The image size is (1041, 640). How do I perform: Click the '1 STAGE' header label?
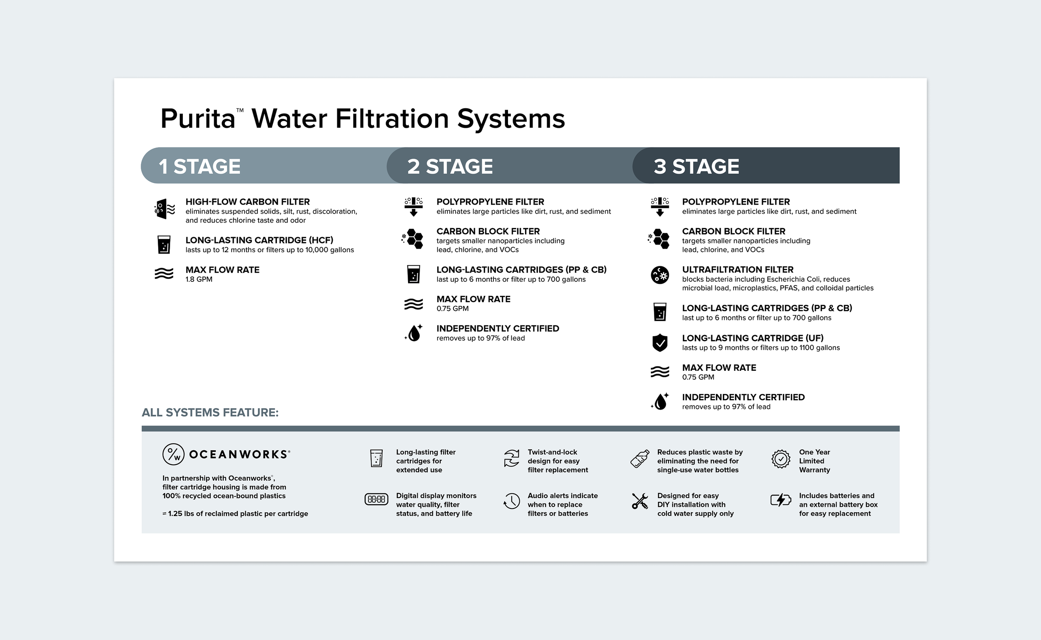point(199,166)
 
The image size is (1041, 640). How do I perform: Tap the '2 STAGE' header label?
point(450,166)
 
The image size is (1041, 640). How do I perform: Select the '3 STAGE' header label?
point(696,166)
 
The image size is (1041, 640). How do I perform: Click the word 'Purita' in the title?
point(198,119)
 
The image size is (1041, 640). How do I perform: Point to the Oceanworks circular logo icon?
point(173,454)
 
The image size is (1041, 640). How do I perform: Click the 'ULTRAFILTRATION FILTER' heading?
point(737,270)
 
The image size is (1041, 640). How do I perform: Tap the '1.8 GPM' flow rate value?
point(199,279)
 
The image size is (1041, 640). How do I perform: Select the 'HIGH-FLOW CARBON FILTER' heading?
point(247,202)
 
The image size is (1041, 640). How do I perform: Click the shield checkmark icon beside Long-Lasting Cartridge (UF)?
point(660,342)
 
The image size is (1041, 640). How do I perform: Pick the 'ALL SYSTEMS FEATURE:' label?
point(210,412)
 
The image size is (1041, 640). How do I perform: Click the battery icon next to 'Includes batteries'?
point(780,500)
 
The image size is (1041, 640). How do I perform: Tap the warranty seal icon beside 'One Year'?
point(780,459)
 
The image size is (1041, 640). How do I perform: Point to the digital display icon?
point(376,499)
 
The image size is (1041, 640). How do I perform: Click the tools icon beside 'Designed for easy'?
point(640,501)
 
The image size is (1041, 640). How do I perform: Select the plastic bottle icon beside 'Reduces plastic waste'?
point(640,459)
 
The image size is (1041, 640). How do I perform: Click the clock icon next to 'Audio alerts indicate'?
point(512,501)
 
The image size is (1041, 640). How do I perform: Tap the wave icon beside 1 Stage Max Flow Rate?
point(164,273)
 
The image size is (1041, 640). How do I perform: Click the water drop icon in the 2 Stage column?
point(414,333)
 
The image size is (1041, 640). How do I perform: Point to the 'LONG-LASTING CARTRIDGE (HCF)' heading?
point(259,240)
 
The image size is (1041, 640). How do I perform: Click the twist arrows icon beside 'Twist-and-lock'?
point(512,459)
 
